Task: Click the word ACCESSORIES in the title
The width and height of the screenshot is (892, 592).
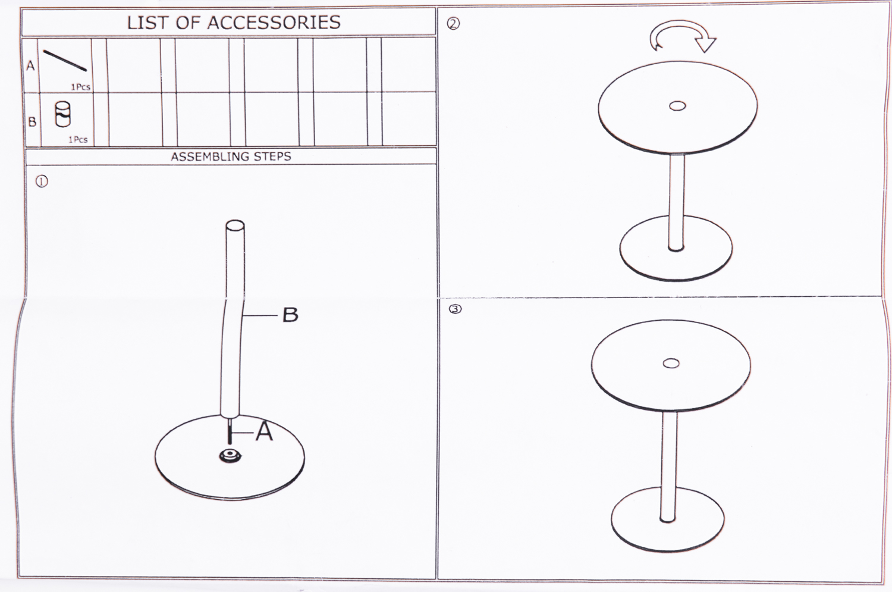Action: pyautogui.click(x=274, y=23)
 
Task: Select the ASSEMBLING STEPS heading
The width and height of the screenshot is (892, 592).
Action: pyautogui.click(x=231, y=156)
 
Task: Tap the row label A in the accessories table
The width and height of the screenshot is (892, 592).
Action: pyautogui.click(x=31, y=65)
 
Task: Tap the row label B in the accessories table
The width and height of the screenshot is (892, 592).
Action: pyautogui.click(x=32, y=121)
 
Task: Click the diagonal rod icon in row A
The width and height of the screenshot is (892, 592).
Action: pyautogui.click(x=65, y=61)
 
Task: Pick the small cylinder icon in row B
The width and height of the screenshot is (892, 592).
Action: pyautogui.click(x=63, y=114)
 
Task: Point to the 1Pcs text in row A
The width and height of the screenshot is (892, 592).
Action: pyautogui.click(x=81, y=87)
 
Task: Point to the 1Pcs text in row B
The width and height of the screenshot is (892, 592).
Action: pyautogui.click(x=78, y=139)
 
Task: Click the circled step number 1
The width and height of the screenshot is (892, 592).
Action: pyautogui.click(x=42, y=181)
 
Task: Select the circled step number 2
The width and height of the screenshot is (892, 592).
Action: pyautogui.click(x=453, y=24)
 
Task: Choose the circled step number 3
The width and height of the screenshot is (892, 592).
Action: pyautogui.click(x=455, y=309)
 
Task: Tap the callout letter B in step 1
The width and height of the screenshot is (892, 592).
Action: pyautogui.click(x=290, y=315)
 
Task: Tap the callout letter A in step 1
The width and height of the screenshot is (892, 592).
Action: pyautogui.click(x=264, y=431)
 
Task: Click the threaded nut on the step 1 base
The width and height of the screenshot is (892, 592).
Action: pyautogui.click(x=230, y=456)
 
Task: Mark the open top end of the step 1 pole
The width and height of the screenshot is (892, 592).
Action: pyautogui.click(x=235, y=225)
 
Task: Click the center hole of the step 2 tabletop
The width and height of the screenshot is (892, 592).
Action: pyautogui.click(x=677, y=107)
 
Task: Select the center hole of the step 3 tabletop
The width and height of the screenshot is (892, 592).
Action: pyautogui.click(x=671, y=364)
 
